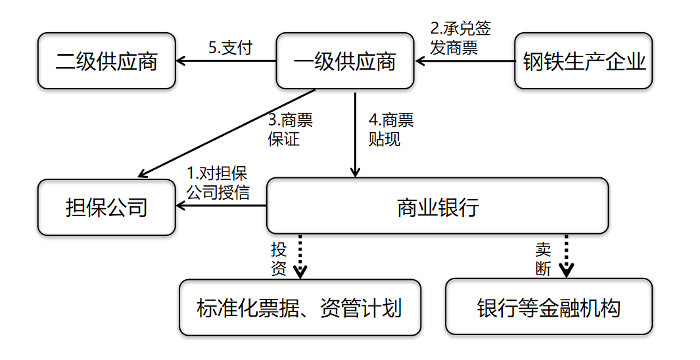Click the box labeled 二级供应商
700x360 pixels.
[106, 61]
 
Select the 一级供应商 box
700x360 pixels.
[345, 61]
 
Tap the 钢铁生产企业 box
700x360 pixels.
[584, 61]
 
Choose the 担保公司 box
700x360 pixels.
[106, 208]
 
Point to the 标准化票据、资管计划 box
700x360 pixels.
[300, 307]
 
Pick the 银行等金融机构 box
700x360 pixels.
[549, 307]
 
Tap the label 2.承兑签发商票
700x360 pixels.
[460, 37]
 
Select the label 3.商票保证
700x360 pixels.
[290, 129]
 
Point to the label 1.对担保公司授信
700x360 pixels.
[218, 183]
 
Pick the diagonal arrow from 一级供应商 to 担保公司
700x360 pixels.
[227, 133]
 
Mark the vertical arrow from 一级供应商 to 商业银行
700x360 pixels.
[355, 135]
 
